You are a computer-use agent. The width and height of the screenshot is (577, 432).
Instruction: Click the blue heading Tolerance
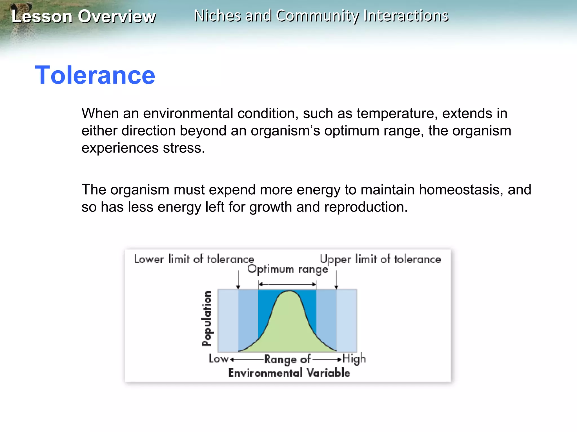95,75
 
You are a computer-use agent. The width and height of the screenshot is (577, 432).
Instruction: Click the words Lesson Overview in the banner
83,16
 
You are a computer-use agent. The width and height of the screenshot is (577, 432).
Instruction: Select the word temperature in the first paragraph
397,114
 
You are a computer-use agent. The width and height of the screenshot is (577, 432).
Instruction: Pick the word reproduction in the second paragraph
365,207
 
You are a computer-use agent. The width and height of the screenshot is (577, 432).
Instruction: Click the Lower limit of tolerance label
194,259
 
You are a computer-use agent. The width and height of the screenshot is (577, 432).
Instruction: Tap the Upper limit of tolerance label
380,259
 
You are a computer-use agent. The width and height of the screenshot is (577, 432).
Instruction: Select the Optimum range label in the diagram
287,269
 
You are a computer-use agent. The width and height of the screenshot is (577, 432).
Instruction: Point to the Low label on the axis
218,359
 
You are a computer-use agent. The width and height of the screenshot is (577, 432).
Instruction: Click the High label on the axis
354,359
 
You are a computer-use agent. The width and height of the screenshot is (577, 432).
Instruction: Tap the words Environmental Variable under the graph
289,373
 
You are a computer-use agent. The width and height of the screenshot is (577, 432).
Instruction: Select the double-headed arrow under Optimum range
287,284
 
